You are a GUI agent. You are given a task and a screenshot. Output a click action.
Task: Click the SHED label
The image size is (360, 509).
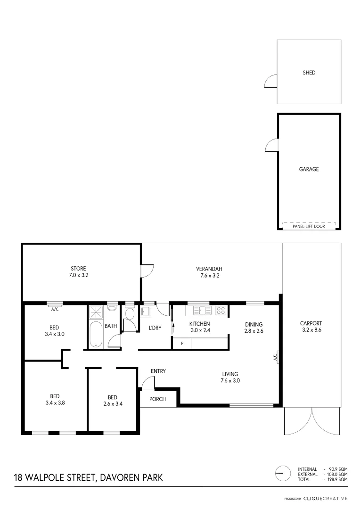[x=309, y=73]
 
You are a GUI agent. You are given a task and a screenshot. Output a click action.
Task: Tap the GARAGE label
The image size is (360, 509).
[x=309, y=169]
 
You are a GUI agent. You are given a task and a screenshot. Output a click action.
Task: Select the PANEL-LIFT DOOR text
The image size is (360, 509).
[x=309, y=226]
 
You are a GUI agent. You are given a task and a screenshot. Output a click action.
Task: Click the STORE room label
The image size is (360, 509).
[x=78, y=269]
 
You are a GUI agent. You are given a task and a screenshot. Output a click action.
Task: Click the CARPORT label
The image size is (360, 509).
[x=311, y=323]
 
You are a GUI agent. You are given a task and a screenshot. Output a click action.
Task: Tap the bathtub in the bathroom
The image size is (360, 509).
[x=95, y=335]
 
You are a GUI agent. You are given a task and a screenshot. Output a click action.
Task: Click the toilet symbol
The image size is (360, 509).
[x=130, y=313]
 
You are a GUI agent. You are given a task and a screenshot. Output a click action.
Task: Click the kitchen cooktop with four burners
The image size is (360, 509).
[x=221, y=311]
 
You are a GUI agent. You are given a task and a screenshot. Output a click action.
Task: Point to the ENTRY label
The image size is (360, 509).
[x=158, y=371]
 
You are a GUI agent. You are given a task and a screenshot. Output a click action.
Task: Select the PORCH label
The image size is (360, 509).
[x=157, y=399]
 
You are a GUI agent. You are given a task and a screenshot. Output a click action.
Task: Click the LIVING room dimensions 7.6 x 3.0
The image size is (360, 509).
[x=231, y=381]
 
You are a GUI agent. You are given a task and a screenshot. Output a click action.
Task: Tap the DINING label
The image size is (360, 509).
[x=254, y=324]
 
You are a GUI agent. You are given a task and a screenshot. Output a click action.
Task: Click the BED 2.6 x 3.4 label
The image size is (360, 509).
[x=112, y=397]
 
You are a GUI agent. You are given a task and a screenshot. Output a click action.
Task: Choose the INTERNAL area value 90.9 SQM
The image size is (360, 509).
[x=336, y=469]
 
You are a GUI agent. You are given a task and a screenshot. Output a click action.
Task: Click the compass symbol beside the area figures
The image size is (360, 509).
[x=282, y=473]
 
